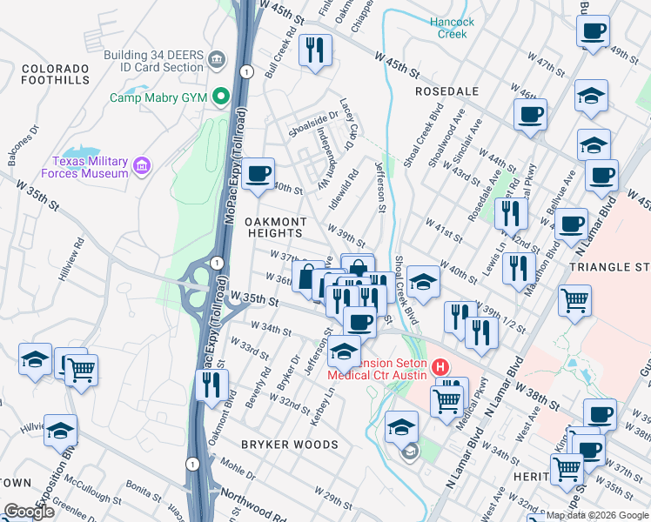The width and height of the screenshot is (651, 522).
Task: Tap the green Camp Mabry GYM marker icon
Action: point(221,97)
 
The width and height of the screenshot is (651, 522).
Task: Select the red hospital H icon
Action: point(440,369)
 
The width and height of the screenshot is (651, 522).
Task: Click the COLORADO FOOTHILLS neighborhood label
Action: point(56,74)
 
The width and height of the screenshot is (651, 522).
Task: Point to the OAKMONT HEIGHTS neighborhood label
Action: point(273,227)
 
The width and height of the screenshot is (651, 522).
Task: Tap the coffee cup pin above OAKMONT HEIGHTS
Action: point(258,174)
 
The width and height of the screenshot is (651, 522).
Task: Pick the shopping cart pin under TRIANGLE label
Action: point(575,301)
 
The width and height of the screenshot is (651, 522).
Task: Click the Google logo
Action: point(29,512)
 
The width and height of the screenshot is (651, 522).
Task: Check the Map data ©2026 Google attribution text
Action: point(598,515)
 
